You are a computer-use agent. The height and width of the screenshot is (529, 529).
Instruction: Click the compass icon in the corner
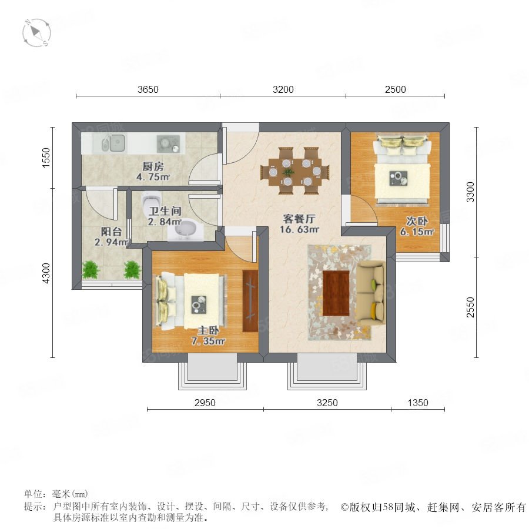[x=36, y=33]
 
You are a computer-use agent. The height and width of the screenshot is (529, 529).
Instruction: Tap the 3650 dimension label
[x=148, y=89]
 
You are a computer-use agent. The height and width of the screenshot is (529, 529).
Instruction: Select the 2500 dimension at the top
[x=396, y=89]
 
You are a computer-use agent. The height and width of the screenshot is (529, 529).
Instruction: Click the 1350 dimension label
[x=418, y=403]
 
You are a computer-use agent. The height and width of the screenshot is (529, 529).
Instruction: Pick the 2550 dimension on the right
[x=470, y=307]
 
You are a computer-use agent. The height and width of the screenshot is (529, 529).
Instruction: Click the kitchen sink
[x=113, y=143]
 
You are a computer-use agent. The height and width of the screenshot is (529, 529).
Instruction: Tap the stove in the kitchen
[x=168, y=144]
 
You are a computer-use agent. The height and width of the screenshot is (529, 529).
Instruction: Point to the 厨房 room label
[x=153, y=166]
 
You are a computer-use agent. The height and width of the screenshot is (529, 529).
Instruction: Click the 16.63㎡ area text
[x=299, y=229]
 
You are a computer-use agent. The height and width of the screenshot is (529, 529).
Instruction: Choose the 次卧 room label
[x=417, y=222]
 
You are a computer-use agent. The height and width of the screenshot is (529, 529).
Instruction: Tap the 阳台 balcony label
[x=111, y=232]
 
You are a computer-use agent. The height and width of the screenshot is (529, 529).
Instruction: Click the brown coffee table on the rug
[x=336, y=293]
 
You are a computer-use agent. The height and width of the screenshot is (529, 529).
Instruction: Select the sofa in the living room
[x=371, y=293]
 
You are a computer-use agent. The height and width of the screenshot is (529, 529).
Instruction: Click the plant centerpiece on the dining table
[x=288, y=172]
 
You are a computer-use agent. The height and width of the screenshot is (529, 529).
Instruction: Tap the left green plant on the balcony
[x=91, y=270]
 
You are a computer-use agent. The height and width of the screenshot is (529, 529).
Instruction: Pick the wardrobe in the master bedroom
[x=250, y=300]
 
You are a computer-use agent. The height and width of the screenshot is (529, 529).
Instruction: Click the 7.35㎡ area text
[x=208, y=341]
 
